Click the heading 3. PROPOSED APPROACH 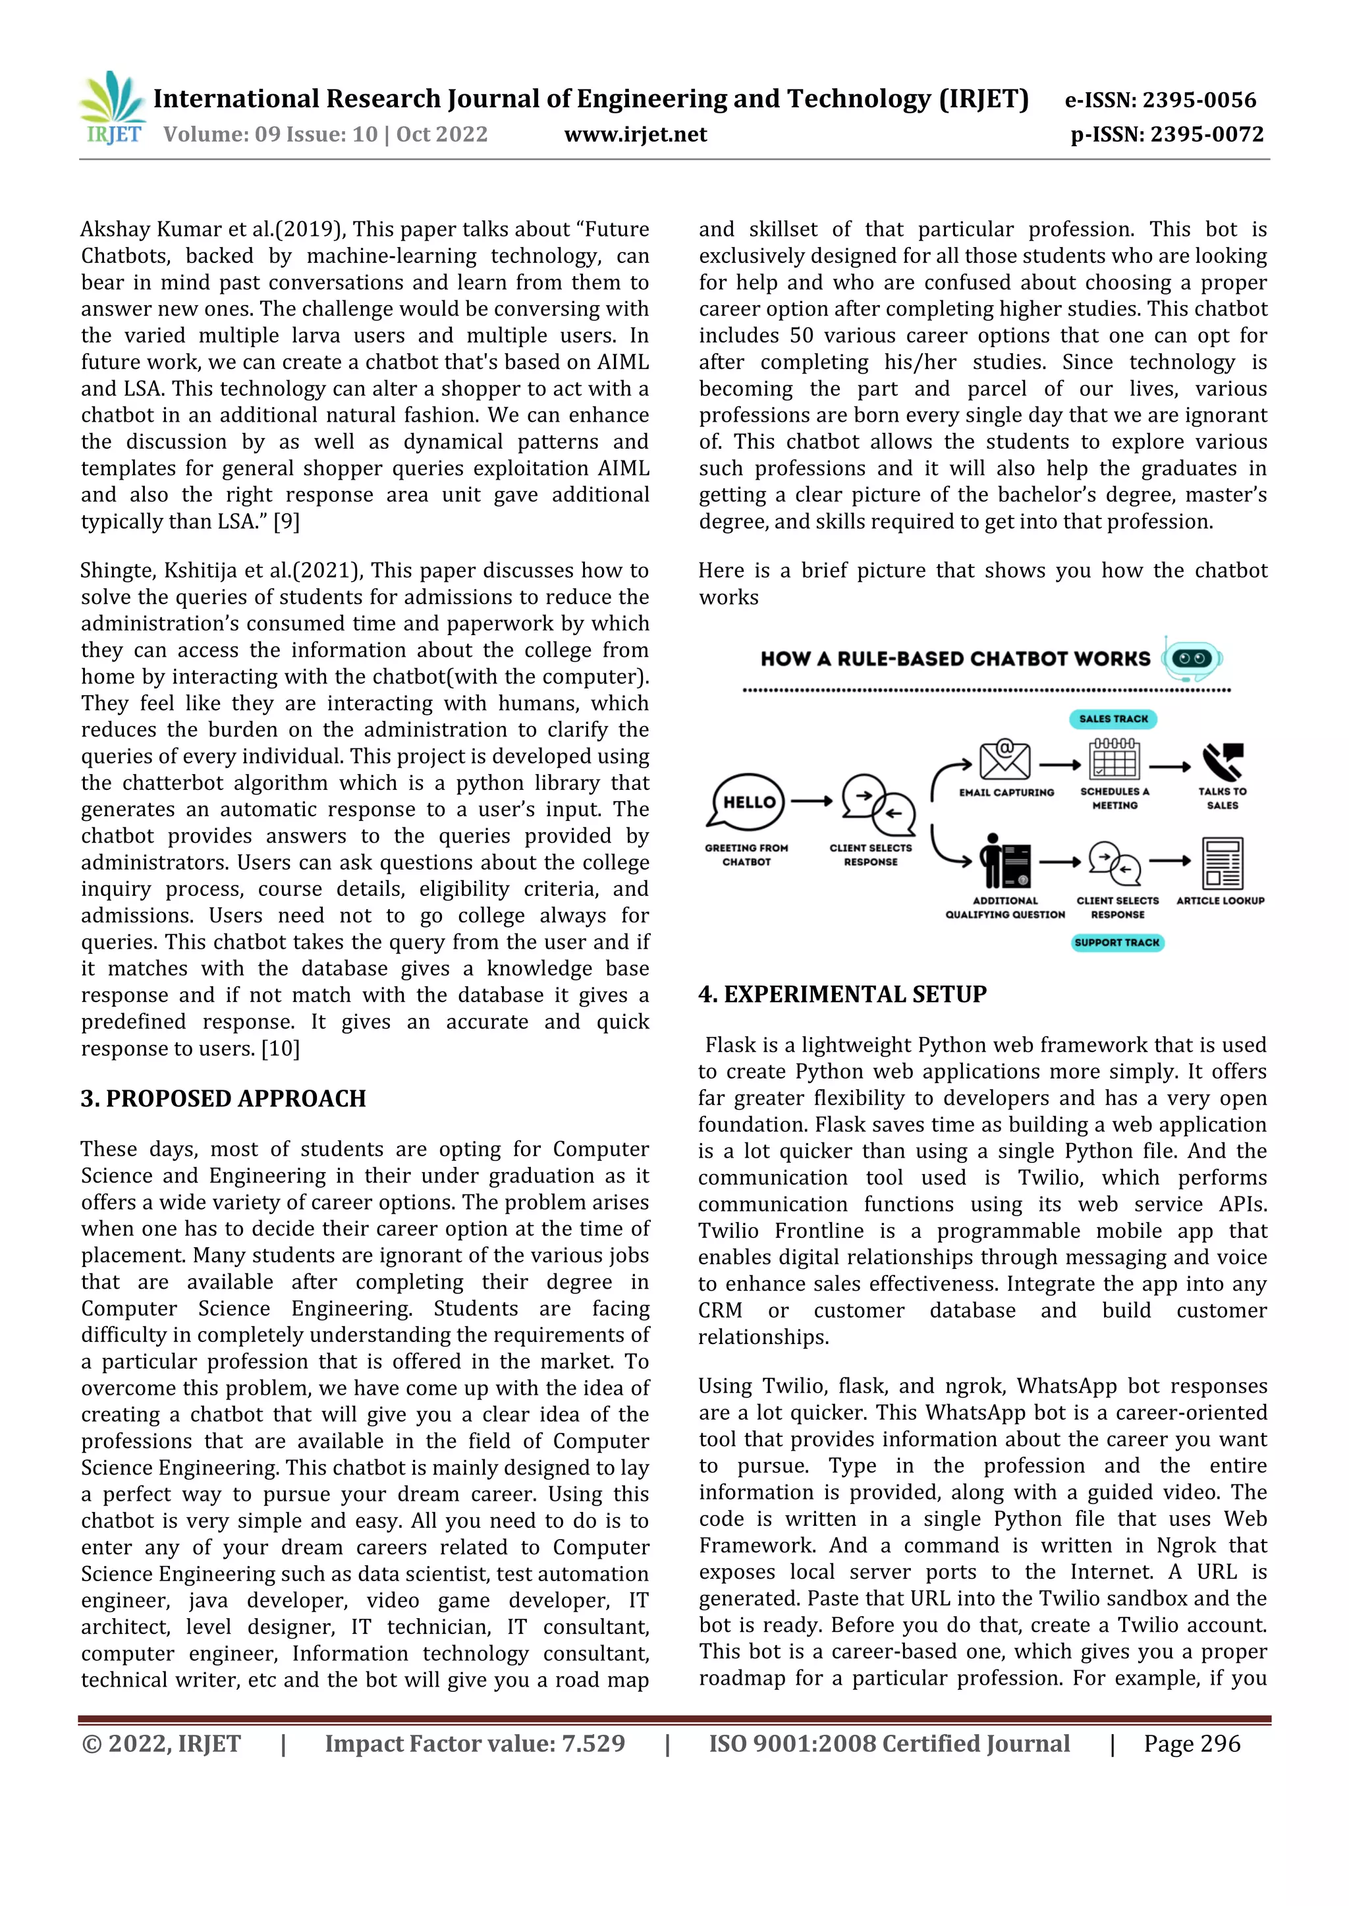coord(223,1098)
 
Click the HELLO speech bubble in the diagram coord(748,802)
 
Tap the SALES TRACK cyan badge coord(1113,719)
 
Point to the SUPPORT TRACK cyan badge coord(1117,942)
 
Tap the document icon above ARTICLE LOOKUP coord(1222,864)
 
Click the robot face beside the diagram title coord(1192,659)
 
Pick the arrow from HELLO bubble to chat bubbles coord(812,801)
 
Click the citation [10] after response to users coord(280,1049)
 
